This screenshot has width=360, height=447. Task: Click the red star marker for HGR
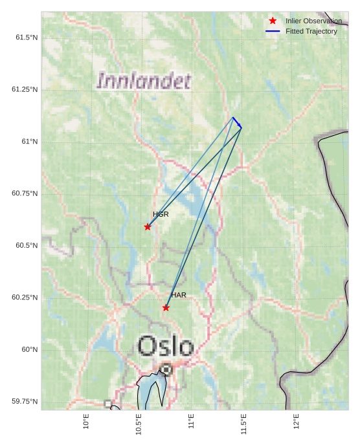[x=148, y=226]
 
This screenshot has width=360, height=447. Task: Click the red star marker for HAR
[x=166, y=307]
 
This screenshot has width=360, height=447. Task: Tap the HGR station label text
[x=161, y=214]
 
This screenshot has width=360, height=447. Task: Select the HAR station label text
[x=179, y=295]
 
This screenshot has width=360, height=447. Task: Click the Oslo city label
[x=166, y=347]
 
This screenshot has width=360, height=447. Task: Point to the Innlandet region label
[x=144, y=82]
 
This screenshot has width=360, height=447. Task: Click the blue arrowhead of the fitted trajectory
[x=240, y=125]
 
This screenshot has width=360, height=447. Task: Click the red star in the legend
[x=273, y=21]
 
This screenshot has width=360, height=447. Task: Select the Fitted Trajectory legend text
[x=311, y=31]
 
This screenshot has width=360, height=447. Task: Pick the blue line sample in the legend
[x=273, y=31]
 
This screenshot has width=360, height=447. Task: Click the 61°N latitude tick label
[x=29, y=142]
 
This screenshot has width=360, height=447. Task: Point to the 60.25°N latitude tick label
[x=25, y=298]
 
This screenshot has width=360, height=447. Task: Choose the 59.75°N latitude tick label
[x=25, y=402]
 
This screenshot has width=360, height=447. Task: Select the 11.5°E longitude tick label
[x=243, y=424]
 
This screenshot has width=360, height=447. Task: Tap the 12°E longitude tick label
[x=296, y=422]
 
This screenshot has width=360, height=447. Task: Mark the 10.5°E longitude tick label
[x=139, y=424]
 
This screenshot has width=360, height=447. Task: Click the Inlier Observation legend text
[x=313, y=21]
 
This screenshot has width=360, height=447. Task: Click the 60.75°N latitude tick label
[x=25, y=193]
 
